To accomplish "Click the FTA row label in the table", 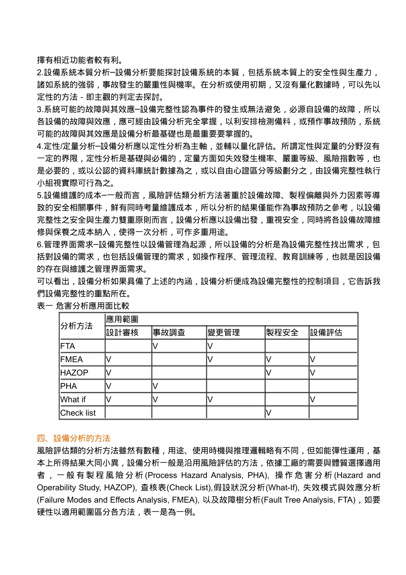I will [68, 346].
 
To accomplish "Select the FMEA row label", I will [71, 359].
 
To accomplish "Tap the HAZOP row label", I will [74, 373].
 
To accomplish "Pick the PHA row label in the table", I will [68, 386].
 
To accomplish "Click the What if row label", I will [73, 400].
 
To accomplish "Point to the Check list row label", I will [78, 413].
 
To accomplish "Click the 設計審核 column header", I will [122, 332].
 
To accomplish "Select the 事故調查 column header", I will [169, 332].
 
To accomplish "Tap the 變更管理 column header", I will [224, 332].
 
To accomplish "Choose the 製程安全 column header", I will [282, 332].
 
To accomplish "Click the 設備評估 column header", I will [326, 332].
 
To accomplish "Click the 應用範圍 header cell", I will [122, 319].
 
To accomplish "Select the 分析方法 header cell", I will [76, 326].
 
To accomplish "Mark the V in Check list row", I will [268, 413].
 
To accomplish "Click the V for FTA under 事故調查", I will [155, 346].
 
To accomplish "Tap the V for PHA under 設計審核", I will [109, 386].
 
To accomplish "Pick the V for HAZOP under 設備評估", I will [312, 373].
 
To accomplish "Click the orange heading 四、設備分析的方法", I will [74, 438].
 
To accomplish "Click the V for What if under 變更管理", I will [210, 400].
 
